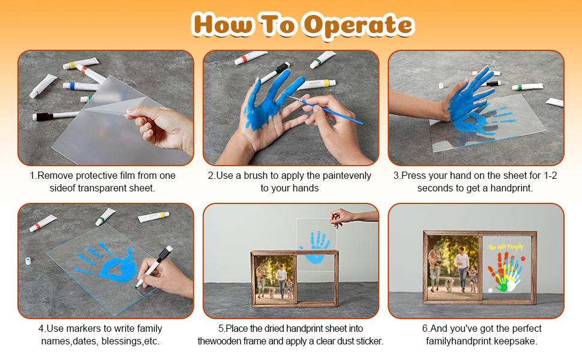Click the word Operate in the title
359,25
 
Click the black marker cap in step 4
165,253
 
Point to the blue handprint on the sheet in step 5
315,247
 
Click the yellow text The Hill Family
506,247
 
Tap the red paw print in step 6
523,257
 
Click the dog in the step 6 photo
450,285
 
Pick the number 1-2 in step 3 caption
550,176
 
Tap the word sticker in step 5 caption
370,341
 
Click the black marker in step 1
56,115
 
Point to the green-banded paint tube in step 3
527,87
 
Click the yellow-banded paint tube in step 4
154,217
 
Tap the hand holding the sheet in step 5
341,217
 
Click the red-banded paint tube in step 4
43,223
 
